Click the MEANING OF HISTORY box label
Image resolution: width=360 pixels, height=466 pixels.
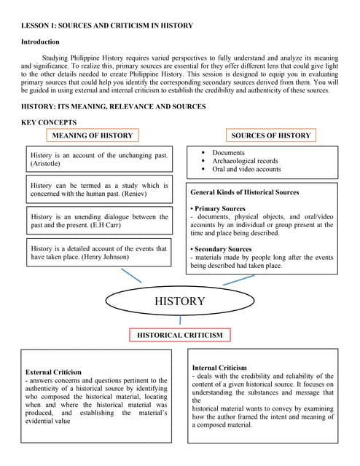(93, 135)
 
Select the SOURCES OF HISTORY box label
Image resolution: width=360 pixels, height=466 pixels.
(270, 135)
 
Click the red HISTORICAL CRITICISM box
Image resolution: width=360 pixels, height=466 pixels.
(180, 335)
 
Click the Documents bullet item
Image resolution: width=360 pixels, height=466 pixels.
(228, 153)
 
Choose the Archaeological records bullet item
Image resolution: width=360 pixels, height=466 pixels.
(245, 161)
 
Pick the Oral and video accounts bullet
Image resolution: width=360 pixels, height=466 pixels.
(246, 169)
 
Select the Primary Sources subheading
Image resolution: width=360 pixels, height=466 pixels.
(219, 209)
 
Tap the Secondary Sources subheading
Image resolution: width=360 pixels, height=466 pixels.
(222, 249)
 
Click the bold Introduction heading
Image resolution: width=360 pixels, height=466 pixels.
(40, 42)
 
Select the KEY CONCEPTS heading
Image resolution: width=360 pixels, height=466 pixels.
(49, 122)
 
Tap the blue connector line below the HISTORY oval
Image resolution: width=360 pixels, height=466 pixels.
(180, 320)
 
